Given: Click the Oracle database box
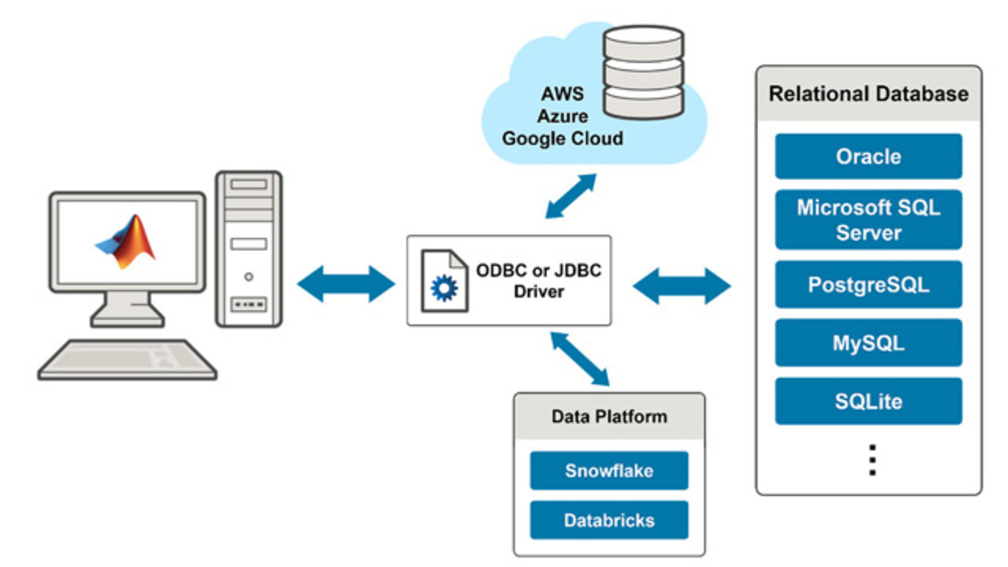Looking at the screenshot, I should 868,156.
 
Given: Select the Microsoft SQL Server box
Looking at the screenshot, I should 868,220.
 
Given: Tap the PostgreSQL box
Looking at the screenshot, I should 868,284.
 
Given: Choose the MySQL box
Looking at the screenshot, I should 868,343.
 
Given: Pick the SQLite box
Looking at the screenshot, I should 868,402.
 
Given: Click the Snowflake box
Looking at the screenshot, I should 609,471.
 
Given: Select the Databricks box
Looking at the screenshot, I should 609,520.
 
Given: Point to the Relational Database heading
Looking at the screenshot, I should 868,94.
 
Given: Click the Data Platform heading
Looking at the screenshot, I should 609,417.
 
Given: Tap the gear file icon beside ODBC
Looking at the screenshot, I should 444,281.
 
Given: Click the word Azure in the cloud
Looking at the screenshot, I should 562,117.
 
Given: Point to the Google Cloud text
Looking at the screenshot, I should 562,139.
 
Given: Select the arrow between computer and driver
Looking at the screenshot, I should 346,283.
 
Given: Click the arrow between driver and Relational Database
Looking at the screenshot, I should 682,285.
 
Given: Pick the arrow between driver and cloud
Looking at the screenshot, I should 571,196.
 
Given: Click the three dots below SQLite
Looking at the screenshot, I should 872,459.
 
